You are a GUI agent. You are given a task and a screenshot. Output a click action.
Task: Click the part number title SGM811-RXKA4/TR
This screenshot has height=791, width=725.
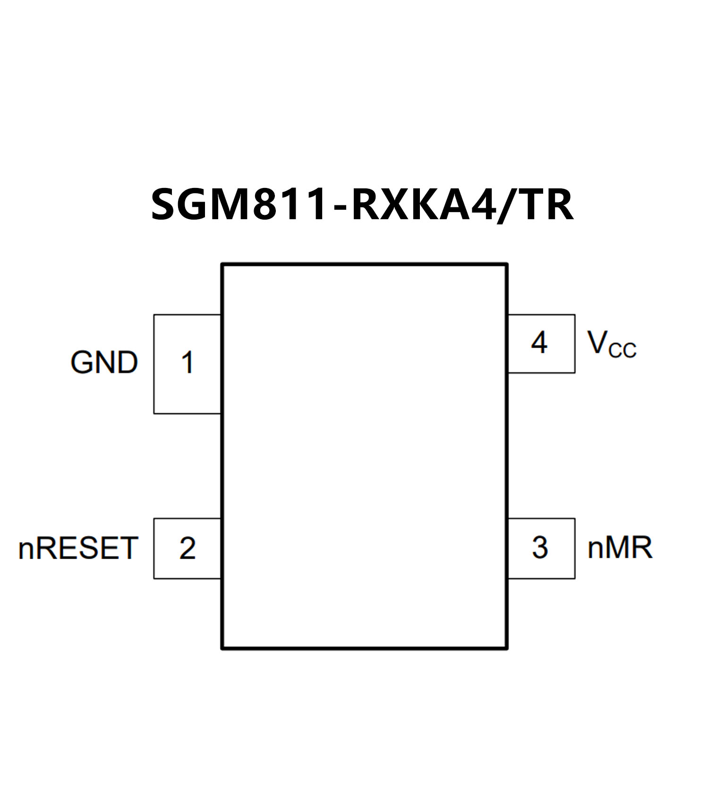[362, 204]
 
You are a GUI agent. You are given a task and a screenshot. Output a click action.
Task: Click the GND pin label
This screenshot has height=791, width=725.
[104, 363]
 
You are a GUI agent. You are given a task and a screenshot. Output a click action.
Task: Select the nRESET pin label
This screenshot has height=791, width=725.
[78, 548]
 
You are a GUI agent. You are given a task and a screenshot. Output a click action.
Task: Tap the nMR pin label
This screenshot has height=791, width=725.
[620, 548]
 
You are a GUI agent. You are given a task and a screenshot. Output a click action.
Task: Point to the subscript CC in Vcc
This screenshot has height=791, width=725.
[622, 351]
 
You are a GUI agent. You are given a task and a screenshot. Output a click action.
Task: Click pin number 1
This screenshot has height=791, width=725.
[188, 363]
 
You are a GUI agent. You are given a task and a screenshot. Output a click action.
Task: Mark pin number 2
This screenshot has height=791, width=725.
[188, 548]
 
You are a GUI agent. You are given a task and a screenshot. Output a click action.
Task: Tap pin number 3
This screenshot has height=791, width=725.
[540, 548]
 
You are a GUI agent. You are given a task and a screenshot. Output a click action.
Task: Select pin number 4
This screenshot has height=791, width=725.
[539, 343]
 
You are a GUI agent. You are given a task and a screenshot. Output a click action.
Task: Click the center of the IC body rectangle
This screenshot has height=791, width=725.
[365, 456]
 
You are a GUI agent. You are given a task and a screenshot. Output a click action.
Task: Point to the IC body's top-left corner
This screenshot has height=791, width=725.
[222, 264]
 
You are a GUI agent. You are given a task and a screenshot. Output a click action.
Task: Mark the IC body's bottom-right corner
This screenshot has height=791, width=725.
[507, 648]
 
